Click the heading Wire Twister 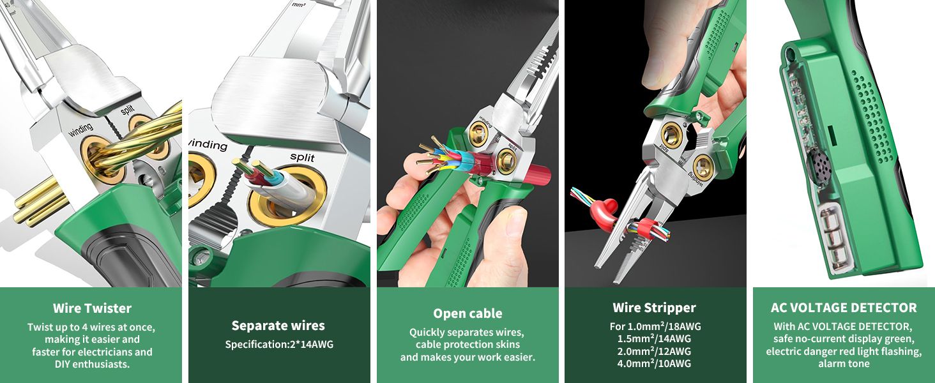(92, 308)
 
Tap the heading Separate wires (278, 326)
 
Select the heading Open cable (467, 314)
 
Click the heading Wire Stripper (654, 308)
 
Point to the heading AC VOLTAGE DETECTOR (844, 308)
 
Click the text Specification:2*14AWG (279, 345)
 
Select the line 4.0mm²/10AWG (654, 363)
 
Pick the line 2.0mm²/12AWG (654, 351)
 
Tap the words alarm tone (844, 364)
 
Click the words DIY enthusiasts (92, 364)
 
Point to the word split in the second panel (302, 157)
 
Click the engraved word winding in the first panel (80, 130)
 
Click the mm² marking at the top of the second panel (298, 5)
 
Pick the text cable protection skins (467, 345)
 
